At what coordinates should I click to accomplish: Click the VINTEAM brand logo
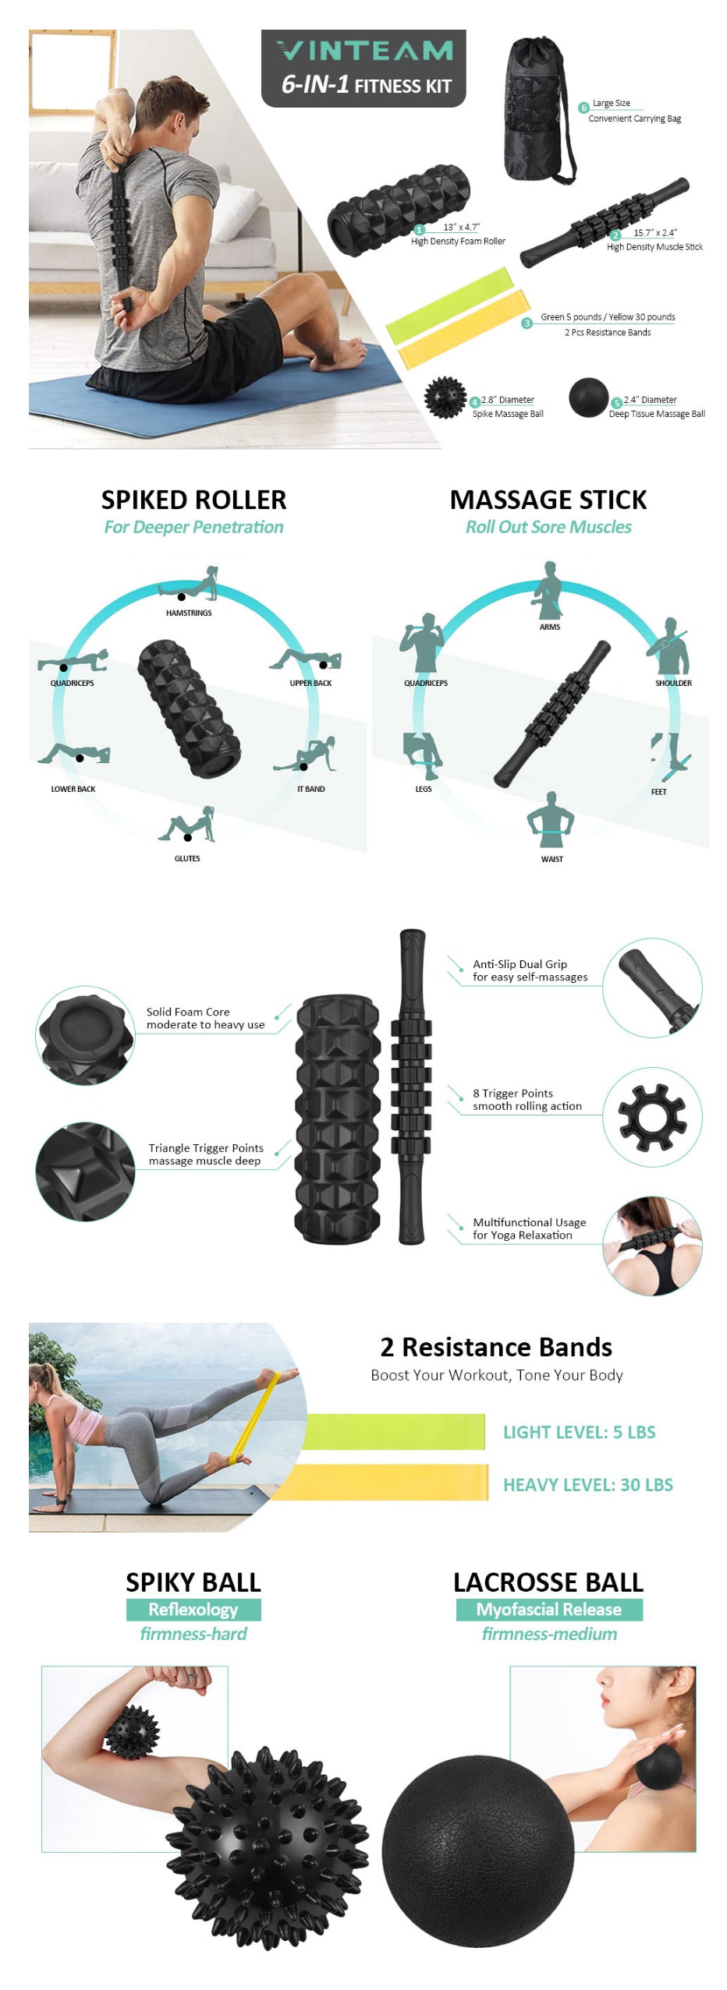tap(364, 51)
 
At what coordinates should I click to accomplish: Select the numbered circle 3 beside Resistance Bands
tap(527, 323)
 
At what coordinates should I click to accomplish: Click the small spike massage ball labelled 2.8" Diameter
tap(445, 398)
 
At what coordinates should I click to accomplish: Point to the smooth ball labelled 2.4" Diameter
tap(588, 398)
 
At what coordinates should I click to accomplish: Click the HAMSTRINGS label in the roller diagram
tap(189, 613)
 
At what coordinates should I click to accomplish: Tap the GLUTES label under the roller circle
tap(187, 858)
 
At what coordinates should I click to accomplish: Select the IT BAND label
tap(310, 789)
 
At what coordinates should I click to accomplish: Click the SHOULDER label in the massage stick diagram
tap(673, 683)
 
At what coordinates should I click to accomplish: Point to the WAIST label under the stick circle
tap(551, 859)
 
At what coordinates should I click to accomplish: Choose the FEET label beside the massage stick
tap(659, 792)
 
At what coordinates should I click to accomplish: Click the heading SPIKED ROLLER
tap(193, 500)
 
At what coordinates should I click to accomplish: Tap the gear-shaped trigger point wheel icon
tap(652, 1117)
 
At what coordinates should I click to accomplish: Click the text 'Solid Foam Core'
tap(188, 1012)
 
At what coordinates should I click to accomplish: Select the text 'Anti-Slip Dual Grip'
tap(520, 964)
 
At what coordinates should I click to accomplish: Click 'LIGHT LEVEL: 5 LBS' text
tap(579, 1432)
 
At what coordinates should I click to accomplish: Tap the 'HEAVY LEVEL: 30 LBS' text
tap(588, 1485)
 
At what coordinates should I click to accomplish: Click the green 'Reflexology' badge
tap(193, 1610)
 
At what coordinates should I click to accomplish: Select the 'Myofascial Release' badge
tap(549, 1610)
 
